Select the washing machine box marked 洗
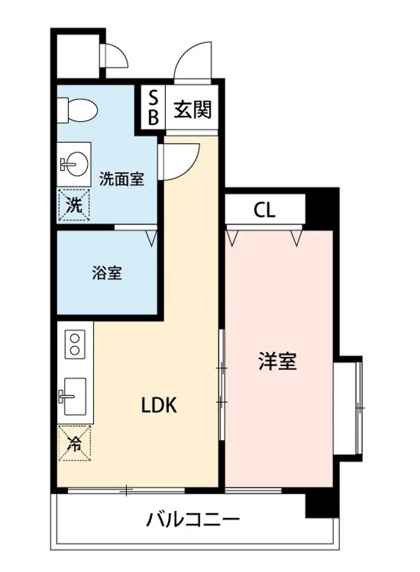pyautogui.click(x=73, y=205)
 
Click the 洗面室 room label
pyautogui.click(x=121, y=180)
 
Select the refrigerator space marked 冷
pyautogui.click(x=74, y=444)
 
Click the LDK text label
pyautogui.click(x=159, y=406)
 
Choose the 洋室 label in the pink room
pyautogui.click(x=277, y=362)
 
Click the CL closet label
pyautogui.click(x=264, y=210)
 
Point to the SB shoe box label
pyautogui.click(x=153, y=108)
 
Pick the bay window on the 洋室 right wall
pyautogui.click(x=351, y=408)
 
